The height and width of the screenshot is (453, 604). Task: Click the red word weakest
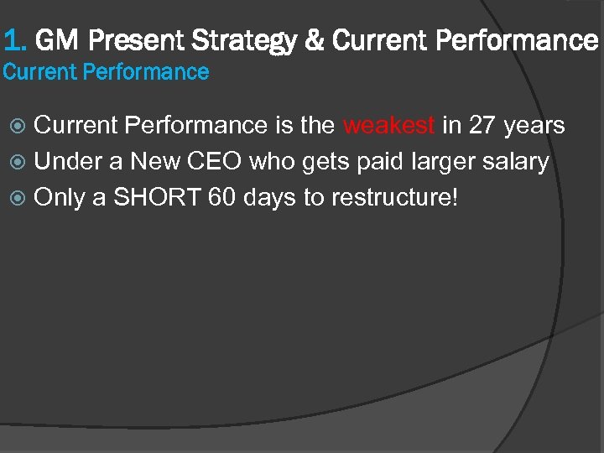[388, 126]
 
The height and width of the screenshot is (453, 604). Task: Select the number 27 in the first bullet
[482, 126]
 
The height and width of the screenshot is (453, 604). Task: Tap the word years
[534, 126]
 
